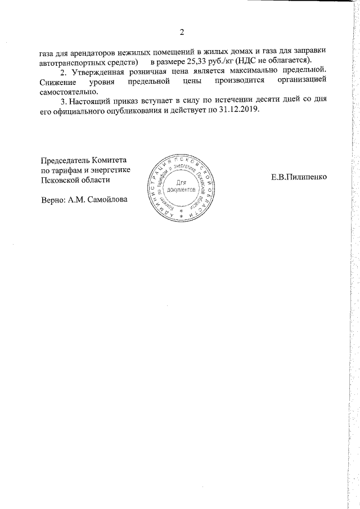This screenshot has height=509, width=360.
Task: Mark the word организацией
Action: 301,82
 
